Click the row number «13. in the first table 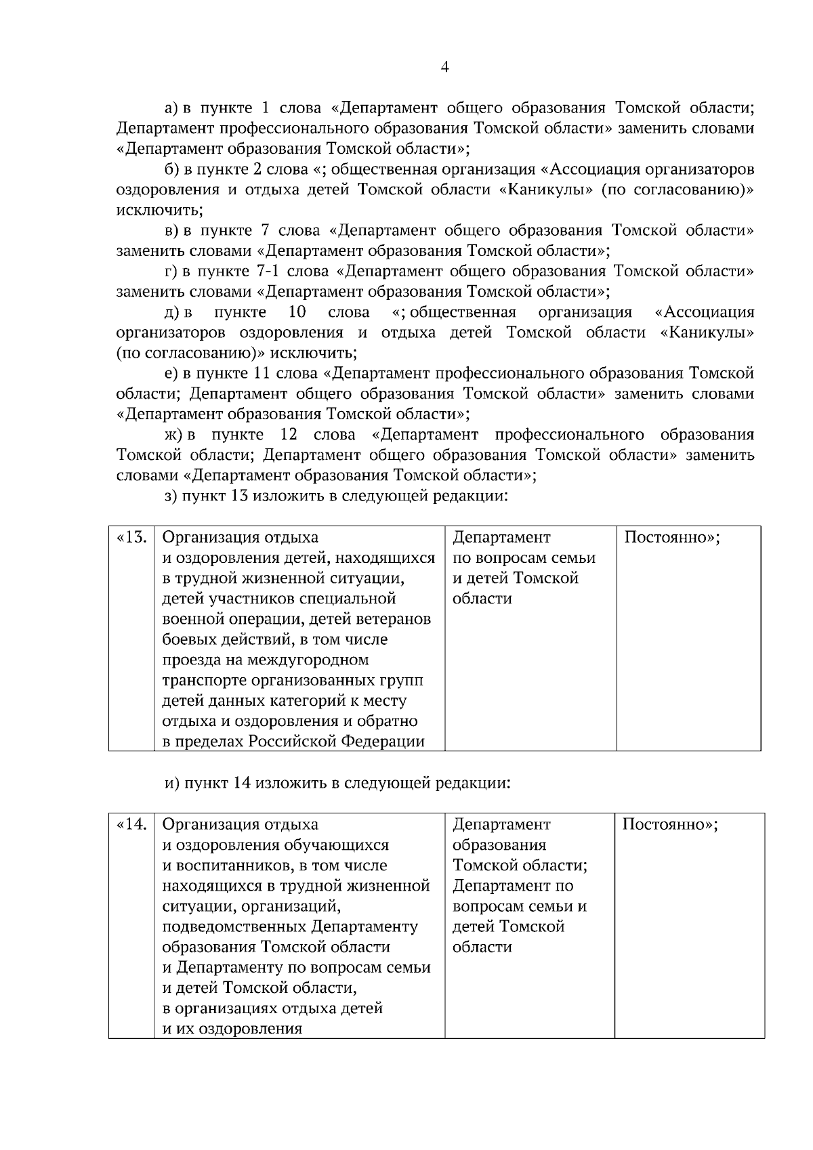(x=132, y=538)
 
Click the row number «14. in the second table (x=132, y=825)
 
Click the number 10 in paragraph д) (x=297, y=312)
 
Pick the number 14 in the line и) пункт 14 (x=243, y=784)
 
